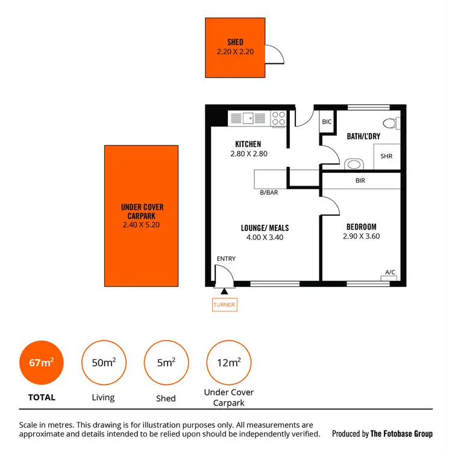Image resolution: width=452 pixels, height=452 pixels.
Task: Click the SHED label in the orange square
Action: coord(235,42)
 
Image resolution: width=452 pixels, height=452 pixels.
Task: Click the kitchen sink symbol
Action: coord(248,118)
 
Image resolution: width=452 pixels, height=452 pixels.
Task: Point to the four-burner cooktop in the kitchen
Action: coord(278,118)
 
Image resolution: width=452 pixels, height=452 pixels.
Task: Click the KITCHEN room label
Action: coord(248,144)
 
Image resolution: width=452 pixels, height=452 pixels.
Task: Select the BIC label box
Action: coord(327,122)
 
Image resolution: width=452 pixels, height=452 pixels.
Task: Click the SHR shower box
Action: coord(386,155)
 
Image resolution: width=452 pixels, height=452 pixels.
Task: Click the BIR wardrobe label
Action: coord(360,180)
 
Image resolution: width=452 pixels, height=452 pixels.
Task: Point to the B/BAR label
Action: coord(268,193)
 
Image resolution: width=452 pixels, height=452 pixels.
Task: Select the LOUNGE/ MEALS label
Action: coord(265,228)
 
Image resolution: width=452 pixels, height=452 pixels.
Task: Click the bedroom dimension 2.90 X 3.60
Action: coord(361,236)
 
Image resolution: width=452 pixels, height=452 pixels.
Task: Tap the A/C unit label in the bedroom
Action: coord(391,272)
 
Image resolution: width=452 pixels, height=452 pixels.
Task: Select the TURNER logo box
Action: coord(224,305)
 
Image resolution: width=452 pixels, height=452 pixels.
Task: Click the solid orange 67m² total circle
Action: coord(42,362)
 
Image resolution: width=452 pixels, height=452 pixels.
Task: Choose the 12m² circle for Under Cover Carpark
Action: coord(228,362)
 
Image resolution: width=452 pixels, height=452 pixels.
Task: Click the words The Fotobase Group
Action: coord(402,434)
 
